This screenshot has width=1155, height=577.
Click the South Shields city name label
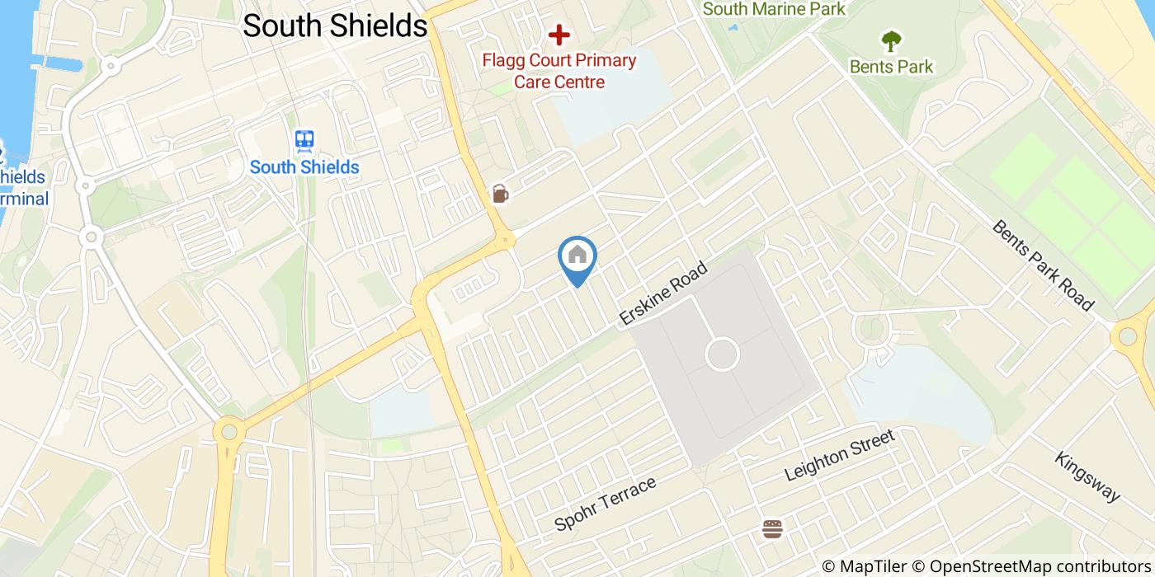[335, 26]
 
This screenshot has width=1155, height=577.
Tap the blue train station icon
[304, 141]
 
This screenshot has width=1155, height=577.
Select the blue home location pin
[577, 257]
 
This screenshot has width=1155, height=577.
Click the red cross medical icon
[559, 35]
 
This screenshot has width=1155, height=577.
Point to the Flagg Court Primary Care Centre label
[559, 71]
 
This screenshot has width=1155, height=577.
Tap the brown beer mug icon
[499, 194]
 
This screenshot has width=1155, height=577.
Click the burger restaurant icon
[772, 528]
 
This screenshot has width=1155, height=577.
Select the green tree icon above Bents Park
[891, 40]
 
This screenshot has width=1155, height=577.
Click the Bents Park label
[891, 67]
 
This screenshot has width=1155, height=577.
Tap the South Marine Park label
[774, 9]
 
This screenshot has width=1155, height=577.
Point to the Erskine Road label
[663, 293]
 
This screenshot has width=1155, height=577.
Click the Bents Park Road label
[1043, 265]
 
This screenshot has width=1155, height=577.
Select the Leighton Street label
[839, 456]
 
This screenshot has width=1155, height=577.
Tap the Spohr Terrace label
[606, 503]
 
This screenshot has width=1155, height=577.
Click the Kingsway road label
[1087, 476]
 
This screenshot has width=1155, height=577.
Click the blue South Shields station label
[304, 167]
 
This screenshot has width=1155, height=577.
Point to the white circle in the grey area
[722, 355]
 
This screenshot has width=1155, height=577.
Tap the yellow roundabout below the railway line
[228, 431]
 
